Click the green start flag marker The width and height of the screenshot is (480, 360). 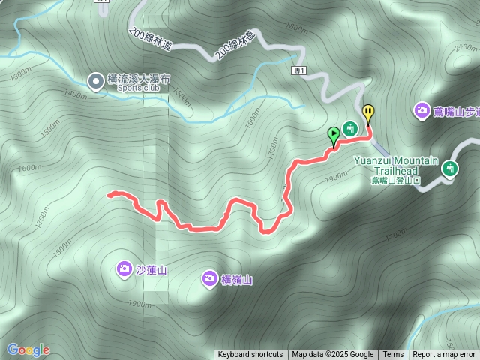tap(334, 135)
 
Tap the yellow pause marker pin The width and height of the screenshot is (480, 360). tap(368, 113)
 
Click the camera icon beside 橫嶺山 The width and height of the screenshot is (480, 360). tap(210, 279)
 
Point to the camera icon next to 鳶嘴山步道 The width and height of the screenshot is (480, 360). tap(422, 111)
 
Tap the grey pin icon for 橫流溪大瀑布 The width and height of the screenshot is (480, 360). tap(96, 81)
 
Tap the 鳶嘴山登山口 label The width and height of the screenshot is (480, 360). tap(396, 180)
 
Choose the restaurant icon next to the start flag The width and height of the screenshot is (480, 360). tap(349, 128)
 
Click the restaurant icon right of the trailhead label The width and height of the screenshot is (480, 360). tap(450, 169)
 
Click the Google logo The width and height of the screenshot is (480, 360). tap(28, 349)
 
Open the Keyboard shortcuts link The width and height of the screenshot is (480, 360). tap(250, 355)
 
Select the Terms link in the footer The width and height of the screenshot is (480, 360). tap(393, 355)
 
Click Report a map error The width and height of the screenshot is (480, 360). tap(444, 355)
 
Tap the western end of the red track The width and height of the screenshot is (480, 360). tap(109, 195)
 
